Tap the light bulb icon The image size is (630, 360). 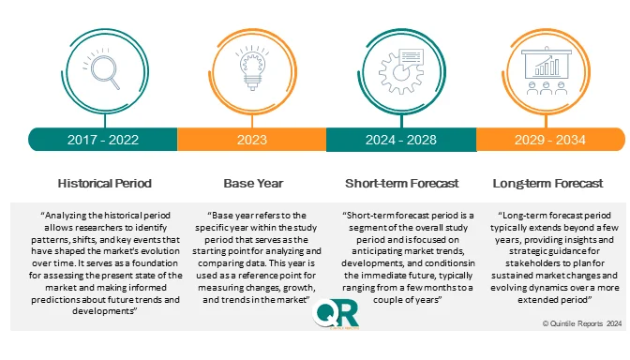click(x=251, y=68)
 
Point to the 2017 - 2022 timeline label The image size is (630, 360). click(x=102, y=140)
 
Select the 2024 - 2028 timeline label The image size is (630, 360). click(x=401, y=140)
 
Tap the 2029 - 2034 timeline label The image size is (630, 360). click(x=550, y=140)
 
